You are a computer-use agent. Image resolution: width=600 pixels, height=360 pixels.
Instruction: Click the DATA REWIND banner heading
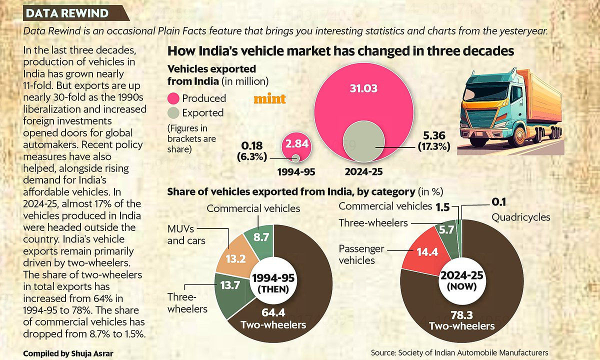[x=67, y=13]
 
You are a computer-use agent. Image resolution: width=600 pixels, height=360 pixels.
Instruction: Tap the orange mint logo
[x=269, y=99]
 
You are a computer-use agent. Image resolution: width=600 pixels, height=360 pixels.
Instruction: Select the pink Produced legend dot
[x=173, y=98]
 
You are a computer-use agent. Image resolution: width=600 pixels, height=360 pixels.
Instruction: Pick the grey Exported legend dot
[x=173, y=113]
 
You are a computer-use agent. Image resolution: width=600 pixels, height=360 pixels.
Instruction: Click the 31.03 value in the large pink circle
[x=363, y=88]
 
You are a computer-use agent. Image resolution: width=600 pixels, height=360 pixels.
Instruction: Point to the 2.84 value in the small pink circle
[x=297, y=144]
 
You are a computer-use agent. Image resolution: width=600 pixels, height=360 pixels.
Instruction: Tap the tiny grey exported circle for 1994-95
[x=295, y=158]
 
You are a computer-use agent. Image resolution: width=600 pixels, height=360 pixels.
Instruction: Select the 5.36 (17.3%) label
[x=434, y=141]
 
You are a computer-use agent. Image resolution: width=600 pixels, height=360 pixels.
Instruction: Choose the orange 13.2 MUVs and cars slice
[x=235, y=258]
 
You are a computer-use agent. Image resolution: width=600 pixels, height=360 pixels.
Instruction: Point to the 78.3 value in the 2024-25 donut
[x=461, y=315]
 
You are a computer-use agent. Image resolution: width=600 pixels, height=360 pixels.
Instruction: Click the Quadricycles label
[x=521, y=217]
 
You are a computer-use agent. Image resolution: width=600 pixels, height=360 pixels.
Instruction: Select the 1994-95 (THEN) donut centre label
[x=273, y=283]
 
